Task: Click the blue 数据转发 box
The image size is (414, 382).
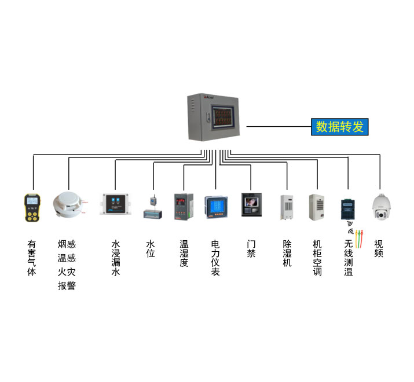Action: click(340, 126)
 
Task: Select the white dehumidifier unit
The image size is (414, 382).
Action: click(286, 208)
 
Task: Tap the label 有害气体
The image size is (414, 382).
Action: click(32, 258)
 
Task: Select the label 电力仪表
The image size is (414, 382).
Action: click(215, 258)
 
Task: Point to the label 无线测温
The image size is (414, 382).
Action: click(349, 258)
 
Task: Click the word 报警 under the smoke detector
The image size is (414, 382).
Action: click(67, 285)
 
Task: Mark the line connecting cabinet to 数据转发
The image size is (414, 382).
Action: click(278, 126)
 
